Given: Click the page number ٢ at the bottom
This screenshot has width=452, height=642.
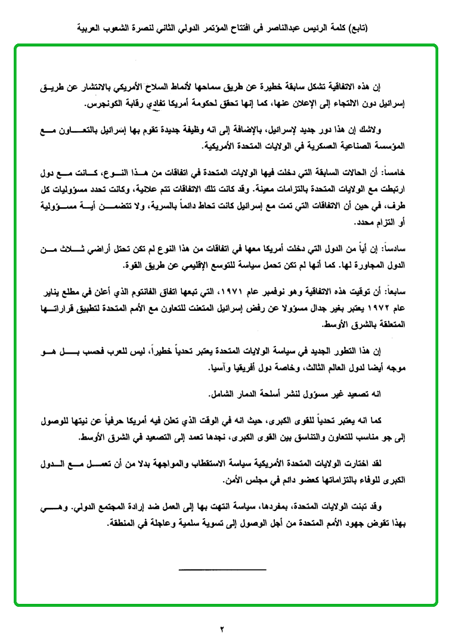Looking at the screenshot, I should point(221,629).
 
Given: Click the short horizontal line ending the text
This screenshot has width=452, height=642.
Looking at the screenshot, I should point(222,570).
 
